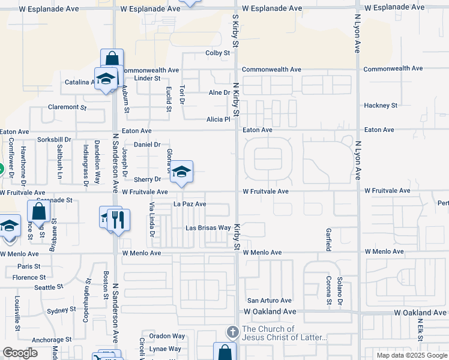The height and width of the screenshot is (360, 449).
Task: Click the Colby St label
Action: point(218,53)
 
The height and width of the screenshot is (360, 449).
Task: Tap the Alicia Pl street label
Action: point(218,119)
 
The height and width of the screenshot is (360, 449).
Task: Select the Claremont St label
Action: point(68,107)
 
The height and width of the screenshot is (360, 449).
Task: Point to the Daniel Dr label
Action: point(147,145)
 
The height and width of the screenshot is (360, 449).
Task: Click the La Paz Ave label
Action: point(190,204)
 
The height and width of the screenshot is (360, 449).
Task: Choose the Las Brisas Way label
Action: point(208,228)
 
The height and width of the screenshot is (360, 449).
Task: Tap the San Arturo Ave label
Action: point(270,301)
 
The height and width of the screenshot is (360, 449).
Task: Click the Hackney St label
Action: point(381,106)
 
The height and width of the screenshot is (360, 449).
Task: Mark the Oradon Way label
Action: point(164,336)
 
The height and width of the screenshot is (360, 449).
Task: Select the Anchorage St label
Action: point(51,339)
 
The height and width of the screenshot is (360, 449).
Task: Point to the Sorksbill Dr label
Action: point(53,140)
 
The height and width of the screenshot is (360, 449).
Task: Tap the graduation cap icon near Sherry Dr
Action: point(181,173)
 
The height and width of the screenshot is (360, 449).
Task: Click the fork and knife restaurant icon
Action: point(118,219)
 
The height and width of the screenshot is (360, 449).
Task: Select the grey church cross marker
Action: point(232,332)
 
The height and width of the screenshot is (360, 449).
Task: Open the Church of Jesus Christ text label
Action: point(284,333)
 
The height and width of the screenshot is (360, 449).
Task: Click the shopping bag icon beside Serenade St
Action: point(38,212)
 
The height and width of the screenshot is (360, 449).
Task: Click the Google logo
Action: point(20,353)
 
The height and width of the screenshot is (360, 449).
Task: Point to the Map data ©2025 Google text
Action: point(411,355)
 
